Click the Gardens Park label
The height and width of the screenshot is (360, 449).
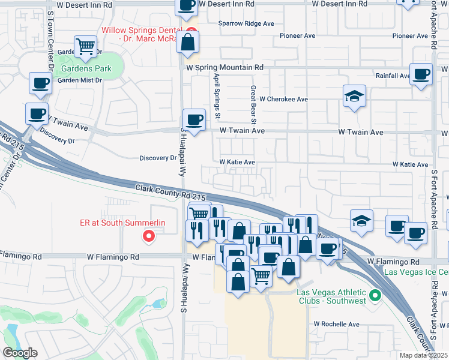(x=86, y=68)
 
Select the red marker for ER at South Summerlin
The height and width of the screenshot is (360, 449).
(x=148, y=237)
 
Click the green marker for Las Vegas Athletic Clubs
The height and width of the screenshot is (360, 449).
(x=375, y=295)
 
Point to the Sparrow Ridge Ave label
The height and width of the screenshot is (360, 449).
(x=246, y=23)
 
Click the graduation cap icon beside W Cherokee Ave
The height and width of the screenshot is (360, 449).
(x=354, y=95)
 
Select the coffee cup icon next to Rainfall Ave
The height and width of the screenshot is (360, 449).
(x=421, y=74)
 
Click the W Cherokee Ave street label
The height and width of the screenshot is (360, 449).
(x=279, y=99)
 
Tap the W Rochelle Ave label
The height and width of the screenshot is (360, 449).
(x=336, y=324)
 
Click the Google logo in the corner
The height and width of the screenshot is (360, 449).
(x=19, y=353)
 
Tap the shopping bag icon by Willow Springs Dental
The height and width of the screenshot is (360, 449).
(x=188, y=42)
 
